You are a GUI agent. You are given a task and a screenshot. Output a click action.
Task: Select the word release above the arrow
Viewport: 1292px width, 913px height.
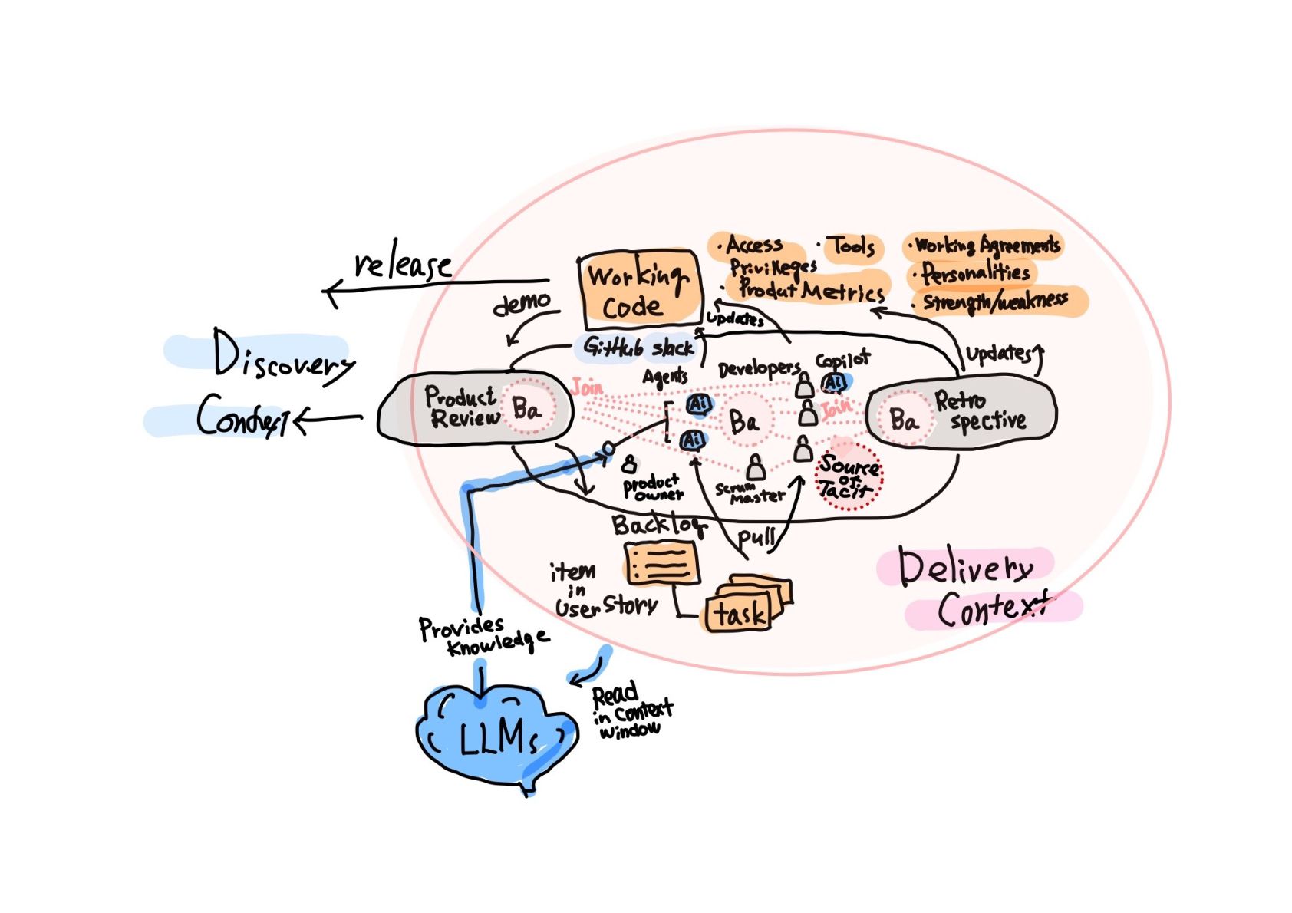click(x=402, y=265)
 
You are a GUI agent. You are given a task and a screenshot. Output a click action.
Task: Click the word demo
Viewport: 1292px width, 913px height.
click(x=522, y=304)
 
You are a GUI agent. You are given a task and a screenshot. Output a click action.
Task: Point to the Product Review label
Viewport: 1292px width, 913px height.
click(x=461, y=407)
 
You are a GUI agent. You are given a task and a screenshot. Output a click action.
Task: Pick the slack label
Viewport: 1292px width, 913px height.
click(x=672, y=348)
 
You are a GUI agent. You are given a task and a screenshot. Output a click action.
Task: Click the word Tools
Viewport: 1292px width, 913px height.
click(x=852, y=246)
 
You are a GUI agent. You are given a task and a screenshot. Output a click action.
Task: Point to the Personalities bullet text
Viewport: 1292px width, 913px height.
click(x=975, y=273)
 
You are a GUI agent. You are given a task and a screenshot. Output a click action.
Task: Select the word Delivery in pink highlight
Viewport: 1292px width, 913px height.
click(x=965, y=568)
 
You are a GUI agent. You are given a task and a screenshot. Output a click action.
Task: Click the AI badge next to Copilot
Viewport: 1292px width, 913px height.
click(x=833, y=382)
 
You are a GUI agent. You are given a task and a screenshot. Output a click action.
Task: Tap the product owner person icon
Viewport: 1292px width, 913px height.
click(x=630, y=463)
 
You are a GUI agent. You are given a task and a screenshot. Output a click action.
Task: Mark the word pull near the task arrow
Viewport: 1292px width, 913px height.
click(x=756, y=536)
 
